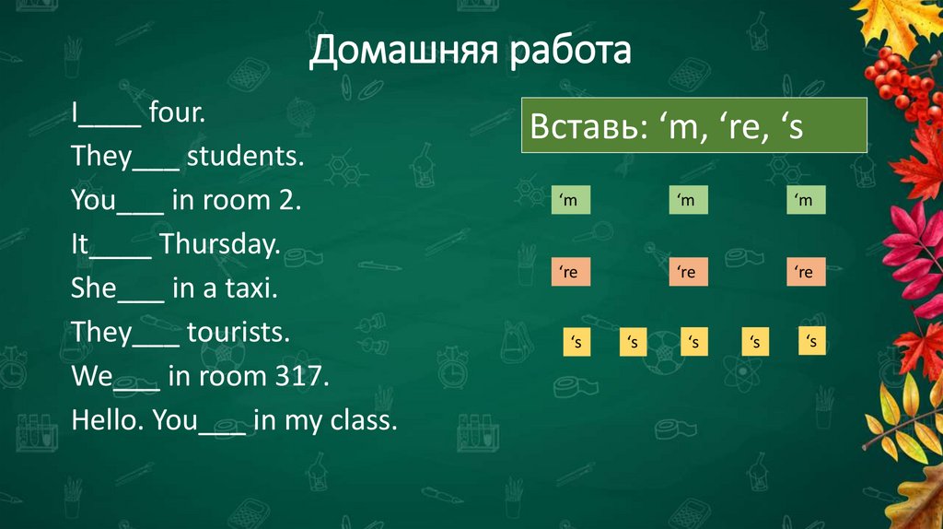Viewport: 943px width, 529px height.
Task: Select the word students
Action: pyautogui.click(x=245, y=157)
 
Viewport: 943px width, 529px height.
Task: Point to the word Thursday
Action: pyautogui.click(x=218, y=244)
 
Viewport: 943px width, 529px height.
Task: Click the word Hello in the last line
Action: pyautogui.click(x=108, y=420)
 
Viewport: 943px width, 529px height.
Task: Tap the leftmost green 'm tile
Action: pyautogui.click(x=570, y=201)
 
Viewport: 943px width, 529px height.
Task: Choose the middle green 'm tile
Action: pyautogui.click(x=687, y=201)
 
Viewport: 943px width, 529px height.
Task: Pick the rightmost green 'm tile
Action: pyautogui.click(x=806, y=201)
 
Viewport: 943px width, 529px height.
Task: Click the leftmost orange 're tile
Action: pyautogui.click(x=570, y=272)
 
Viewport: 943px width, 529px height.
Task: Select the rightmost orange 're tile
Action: pyautogui.click(x=806, y=272)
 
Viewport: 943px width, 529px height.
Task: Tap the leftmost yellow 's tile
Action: pyautogui.click(x=576, y=343)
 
